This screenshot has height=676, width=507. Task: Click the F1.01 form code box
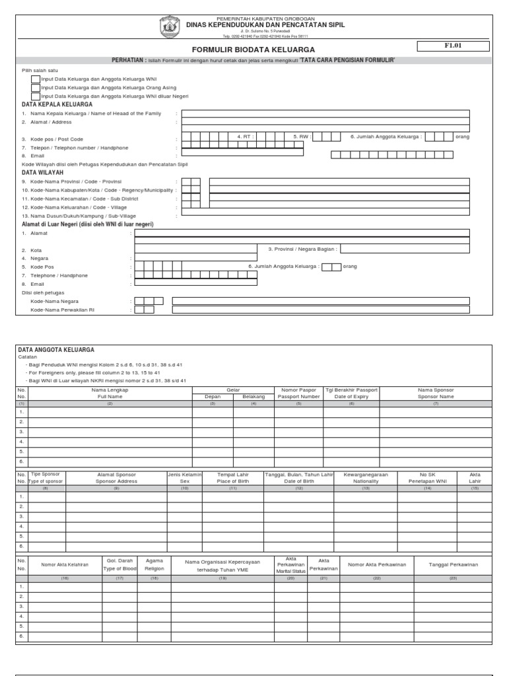452,46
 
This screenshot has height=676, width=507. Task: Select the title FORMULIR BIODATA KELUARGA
253,50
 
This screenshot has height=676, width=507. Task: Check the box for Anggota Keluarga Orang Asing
35,87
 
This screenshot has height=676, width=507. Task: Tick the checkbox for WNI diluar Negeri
35,96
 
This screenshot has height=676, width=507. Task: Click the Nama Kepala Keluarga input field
325,114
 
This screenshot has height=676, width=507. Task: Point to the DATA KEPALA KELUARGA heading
57,104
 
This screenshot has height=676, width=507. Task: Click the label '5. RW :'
301,137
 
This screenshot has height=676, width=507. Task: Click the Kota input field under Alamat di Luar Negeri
195,250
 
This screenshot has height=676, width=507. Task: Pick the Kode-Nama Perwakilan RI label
67,310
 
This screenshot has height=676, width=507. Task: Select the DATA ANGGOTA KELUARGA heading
55,349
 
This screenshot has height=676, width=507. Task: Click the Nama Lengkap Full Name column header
110,393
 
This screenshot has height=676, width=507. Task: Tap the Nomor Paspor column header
298,393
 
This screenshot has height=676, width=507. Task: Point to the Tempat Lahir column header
232,479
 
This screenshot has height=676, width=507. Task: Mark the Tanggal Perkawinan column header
453,565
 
